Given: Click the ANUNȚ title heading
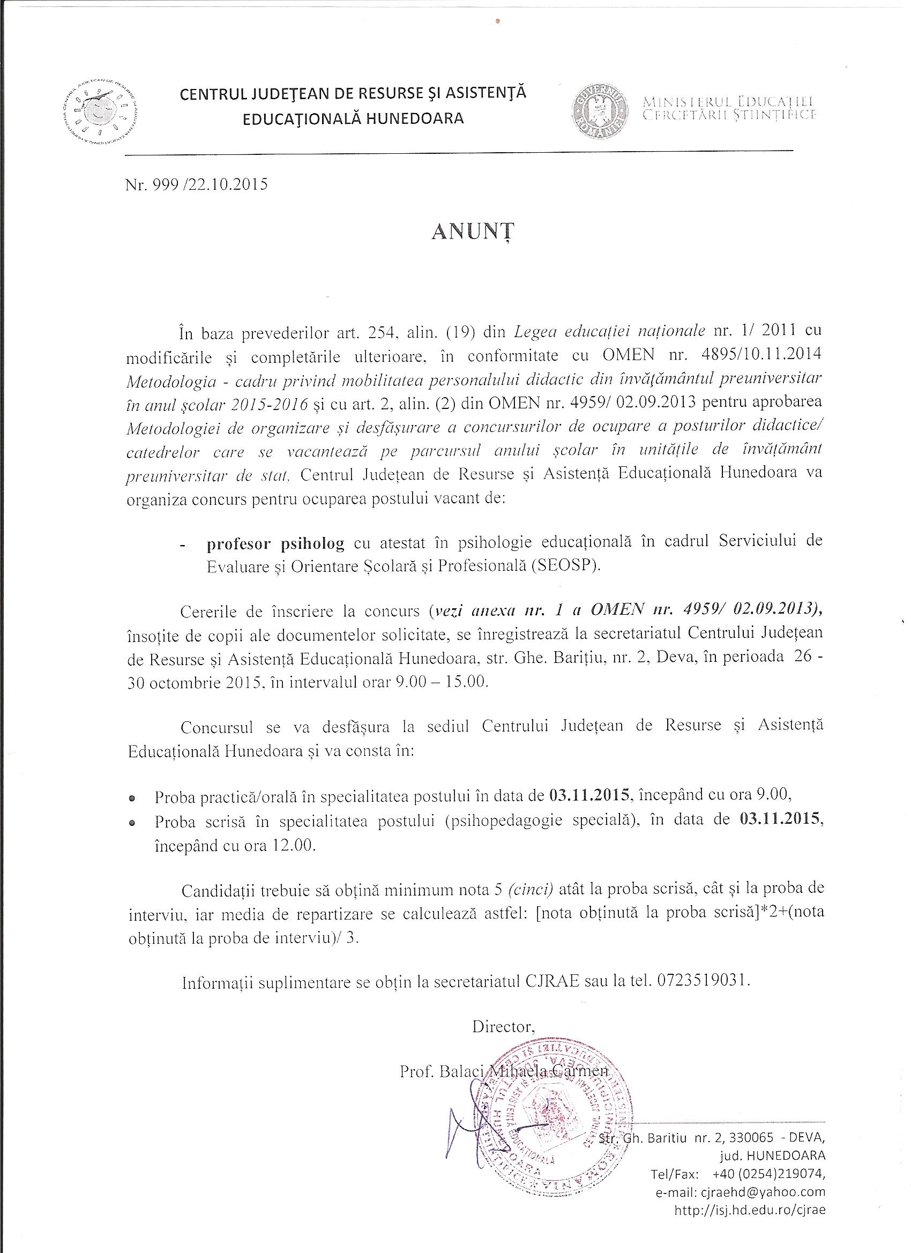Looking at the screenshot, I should (x=472, y=232).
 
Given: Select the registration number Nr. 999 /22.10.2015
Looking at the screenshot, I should (x=197, y=184).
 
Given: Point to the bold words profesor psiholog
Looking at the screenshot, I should (x=275, y=544).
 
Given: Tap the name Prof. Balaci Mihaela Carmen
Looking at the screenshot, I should (x=503, y=1071).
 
